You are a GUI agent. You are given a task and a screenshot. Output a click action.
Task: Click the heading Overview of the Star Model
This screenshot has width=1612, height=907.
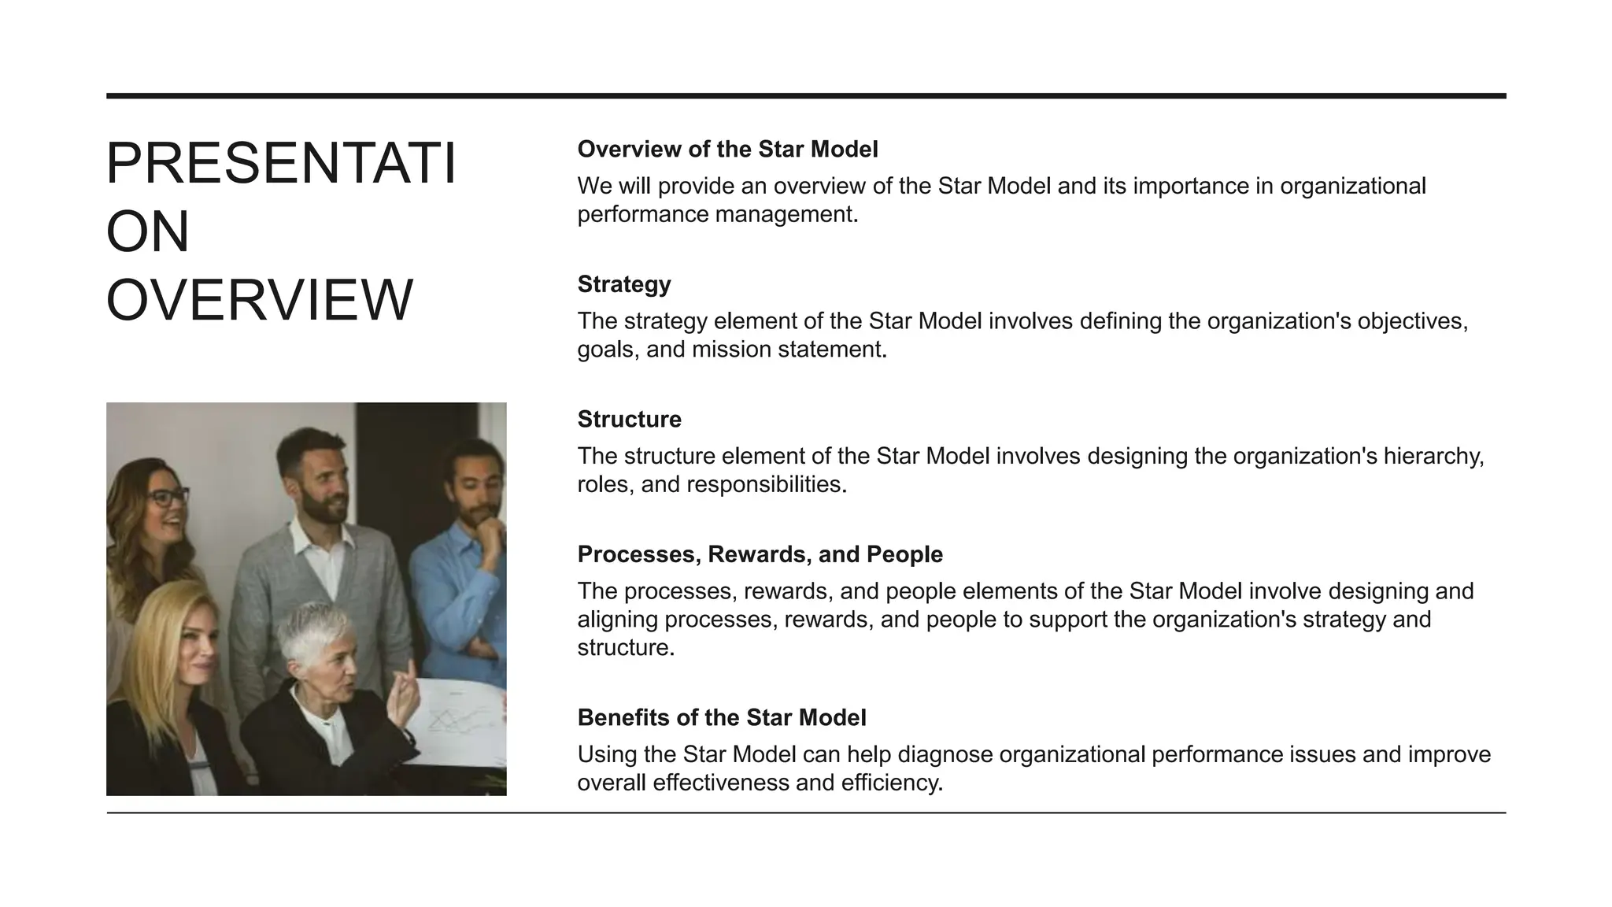point(727,149)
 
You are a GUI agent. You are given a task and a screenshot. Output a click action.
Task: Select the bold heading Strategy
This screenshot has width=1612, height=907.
point(624,284)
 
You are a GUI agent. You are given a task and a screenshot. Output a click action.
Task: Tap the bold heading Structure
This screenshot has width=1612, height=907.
point(629,419)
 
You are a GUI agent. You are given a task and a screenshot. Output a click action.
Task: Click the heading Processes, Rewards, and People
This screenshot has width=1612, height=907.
point(760,554)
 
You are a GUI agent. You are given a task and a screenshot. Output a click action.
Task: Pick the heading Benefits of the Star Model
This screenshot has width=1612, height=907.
point(721,717)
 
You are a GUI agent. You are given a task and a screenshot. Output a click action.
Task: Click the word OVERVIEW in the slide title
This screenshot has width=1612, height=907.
point(259,301)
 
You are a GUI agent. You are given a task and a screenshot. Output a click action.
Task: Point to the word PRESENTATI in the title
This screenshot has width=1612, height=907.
point(281,164)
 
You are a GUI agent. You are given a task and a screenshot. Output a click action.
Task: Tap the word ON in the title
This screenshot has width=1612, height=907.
point(148,232)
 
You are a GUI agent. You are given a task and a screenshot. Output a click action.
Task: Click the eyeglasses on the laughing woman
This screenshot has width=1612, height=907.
point(168,498)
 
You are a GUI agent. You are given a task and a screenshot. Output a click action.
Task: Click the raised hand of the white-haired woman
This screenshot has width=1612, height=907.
point(403,693)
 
